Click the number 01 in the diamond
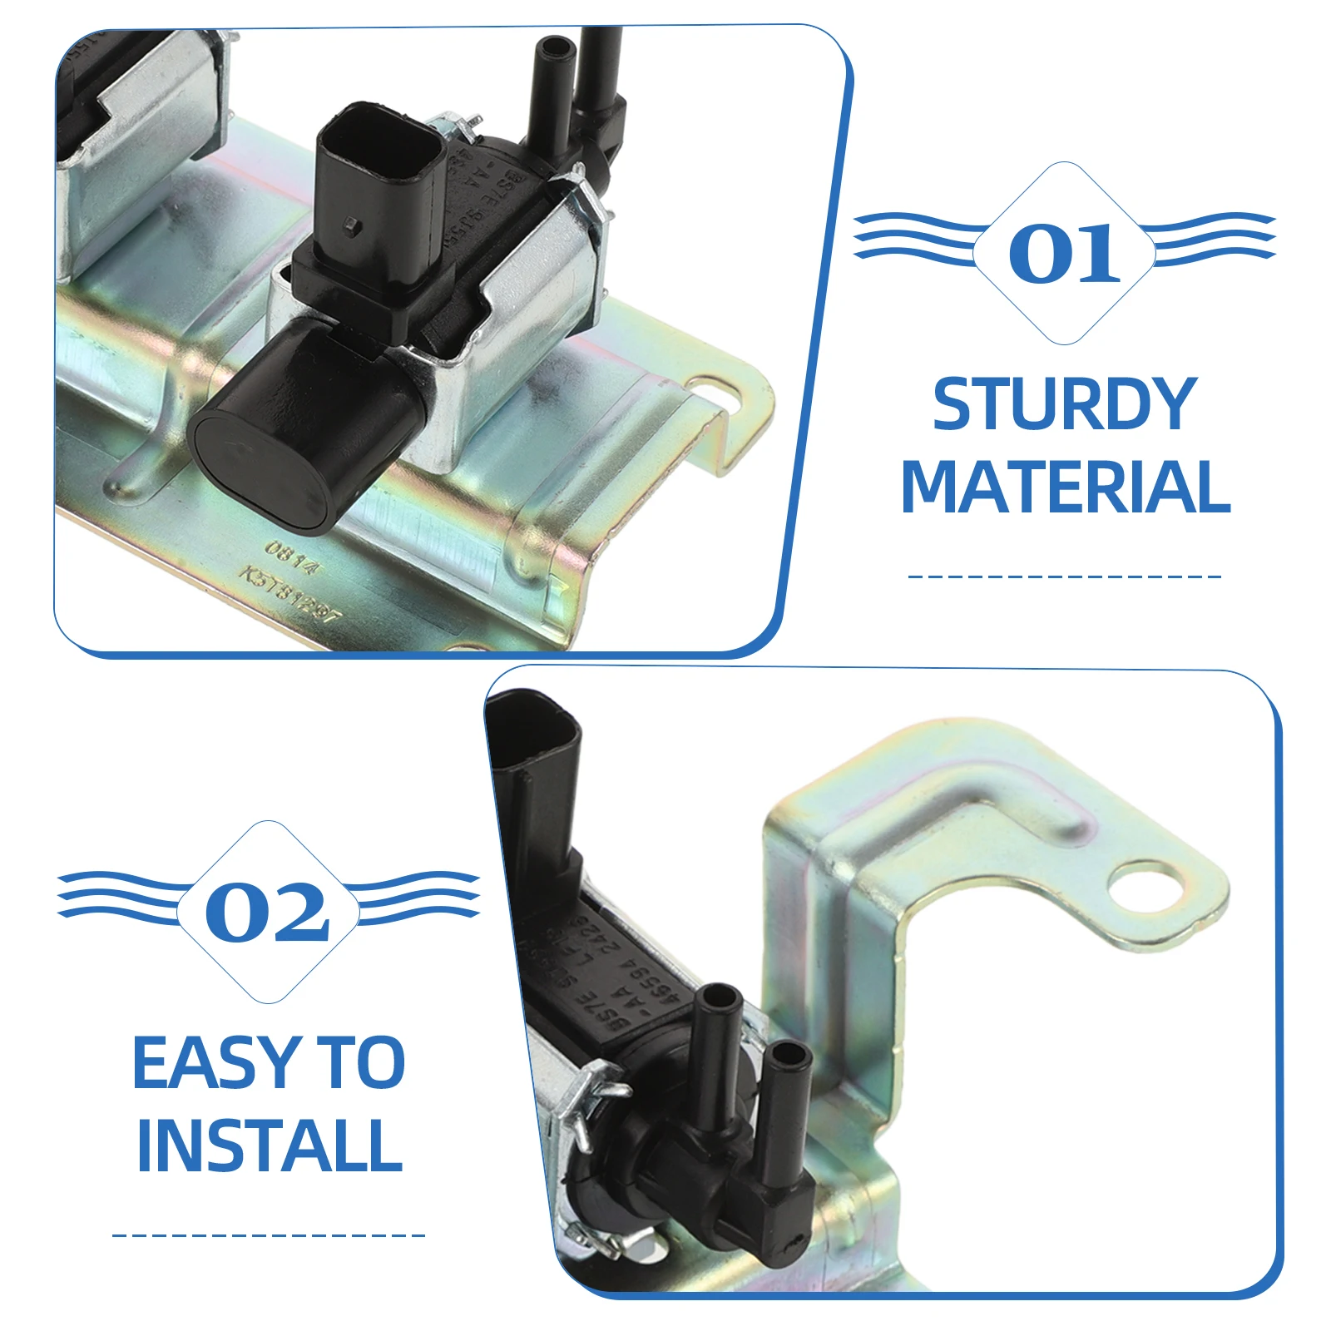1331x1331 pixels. pos(1064,253)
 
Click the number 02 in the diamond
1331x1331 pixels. pos(268,913)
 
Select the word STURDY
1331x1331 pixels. pos(1064,405)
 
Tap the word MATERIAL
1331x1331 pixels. pos(1065,487)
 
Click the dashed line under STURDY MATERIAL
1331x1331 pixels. pos(1064,576)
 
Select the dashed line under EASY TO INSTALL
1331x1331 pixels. pos(268,1235)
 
